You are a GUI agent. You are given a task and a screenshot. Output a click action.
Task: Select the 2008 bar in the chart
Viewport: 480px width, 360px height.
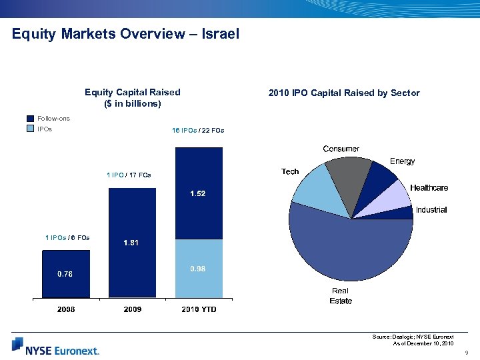(65, 273)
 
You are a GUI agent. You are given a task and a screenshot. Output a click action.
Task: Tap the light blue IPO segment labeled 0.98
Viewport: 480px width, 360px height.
(198, 268)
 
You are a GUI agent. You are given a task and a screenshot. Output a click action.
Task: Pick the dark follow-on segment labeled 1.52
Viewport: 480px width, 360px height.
(198, 193)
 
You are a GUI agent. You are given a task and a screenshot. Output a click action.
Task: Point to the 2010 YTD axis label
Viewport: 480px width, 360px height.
(199, 310)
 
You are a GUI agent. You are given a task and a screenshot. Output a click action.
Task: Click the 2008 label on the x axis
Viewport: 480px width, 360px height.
(65, 310)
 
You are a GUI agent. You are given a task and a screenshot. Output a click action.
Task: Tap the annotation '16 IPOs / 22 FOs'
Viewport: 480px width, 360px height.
(198, 130)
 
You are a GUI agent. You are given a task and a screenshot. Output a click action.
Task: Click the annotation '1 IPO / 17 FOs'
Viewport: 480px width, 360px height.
(129, 175)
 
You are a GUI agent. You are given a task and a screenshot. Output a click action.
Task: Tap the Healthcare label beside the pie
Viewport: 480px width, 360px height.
(429, 188)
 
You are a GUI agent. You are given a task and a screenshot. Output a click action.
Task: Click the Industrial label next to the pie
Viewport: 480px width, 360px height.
(431, 210)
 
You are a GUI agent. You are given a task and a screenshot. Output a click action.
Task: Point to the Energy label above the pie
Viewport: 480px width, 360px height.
(402, 161)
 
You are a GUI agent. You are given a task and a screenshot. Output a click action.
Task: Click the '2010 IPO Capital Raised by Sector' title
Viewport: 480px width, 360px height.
(344, 93)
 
